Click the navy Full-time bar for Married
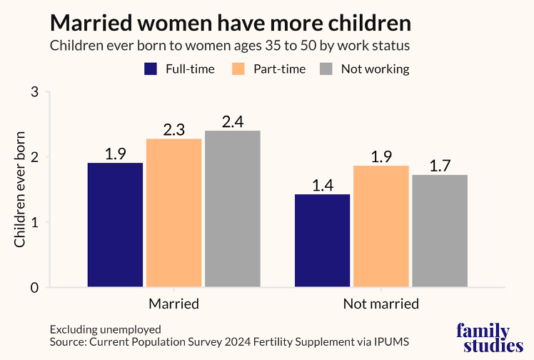(x=115, y=225)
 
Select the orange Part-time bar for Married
(x=173, y=213)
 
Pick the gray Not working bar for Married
(x=233, y=209)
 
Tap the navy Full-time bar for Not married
(x=322, y=241)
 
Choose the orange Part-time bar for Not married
(x=381, y=226)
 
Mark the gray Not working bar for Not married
(x=439, y=231)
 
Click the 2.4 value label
(x=233, y=121)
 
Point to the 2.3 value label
(x=173, y=129)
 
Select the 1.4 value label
(x=322, y=185)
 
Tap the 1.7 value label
(x=439, y=166)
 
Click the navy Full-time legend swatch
(x=151, y=69)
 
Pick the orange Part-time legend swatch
(x=239, y=69)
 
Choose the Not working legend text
(x=375, y=69)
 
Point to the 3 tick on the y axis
(x=35, y=92)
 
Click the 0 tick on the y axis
(x=35, y=288)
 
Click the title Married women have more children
(x=230, y=23)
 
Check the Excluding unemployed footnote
(x=106, y=329)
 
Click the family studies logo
(x=483, y=338)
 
